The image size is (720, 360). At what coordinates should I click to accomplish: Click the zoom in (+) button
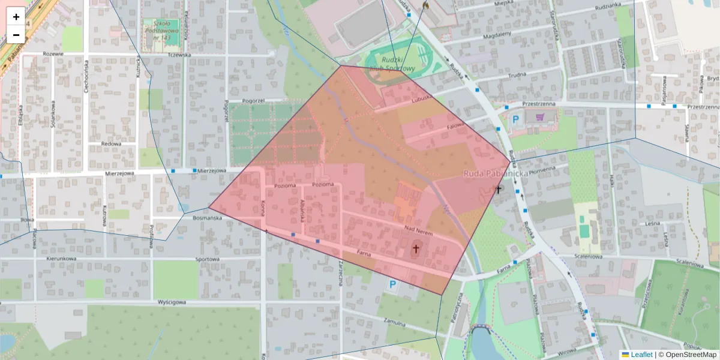coord(16,17)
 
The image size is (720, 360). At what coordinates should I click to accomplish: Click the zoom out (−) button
coord(16,35)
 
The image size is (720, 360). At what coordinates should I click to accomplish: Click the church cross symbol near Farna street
coord(416,248)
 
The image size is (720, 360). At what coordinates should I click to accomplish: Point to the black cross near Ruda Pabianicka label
coord(497,190)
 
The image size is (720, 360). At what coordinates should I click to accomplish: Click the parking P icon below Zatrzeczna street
coord(393,284)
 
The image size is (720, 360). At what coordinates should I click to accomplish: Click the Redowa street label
coord(111,144)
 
